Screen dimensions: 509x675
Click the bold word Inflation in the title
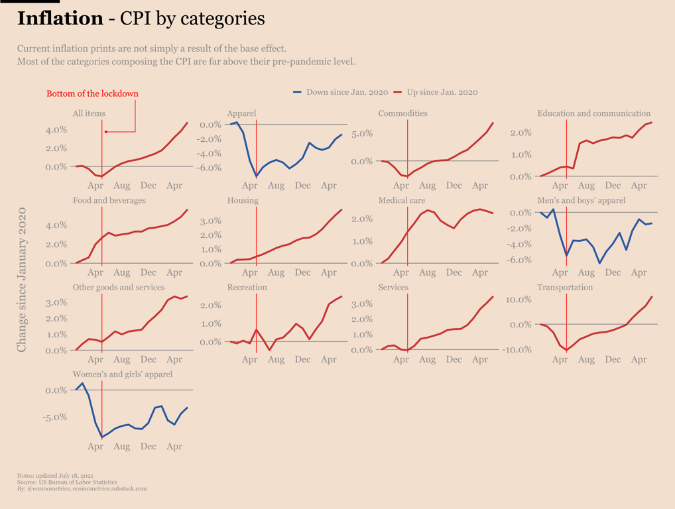[60, 19]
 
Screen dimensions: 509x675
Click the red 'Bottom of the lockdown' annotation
[92, 93]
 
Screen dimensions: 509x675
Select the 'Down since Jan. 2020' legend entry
[341, 92]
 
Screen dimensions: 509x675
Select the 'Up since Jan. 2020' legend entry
[436, 92]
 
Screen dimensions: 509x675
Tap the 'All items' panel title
[89, 113]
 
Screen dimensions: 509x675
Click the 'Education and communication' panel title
[593, 113]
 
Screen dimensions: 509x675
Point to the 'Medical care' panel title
[401, 200]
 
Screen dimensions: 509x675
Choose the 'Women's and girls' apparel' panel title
[123, 374]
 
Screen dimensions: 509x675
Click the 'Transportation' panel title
[565, 288]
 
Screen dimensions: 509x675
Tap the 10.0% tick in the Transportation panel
[520, 300]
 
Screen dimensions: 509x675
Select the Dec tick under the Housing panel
[302, 272]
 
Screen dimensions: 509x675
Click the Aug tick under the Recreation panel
[276, 359]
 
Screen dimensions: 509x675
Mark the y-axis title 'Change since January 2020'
[22, 279]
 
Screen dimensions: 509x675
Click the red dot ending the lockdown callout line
[106, 132]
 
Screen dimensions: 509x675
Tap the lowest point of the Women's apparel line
[102, 437]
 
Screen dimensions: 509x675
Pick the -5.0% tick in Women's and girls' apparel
[56, 417]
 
